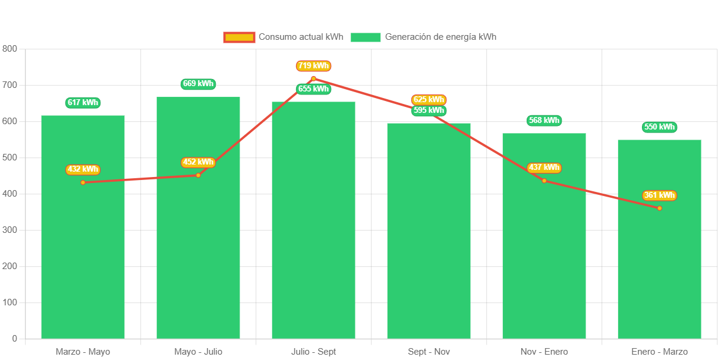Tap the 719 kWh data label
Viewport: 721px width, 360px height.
point(313,66)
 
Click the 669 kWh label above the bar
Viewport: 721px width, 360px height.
point(198,84)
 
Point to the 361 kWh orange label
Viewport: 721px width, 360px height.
point(659,195)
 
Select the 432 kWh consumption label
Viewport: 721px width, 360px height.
point(83,169)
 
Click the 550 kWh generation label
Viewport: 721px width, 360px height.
point(659,127)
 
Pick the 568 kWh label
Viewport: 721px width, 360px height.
point(544,121)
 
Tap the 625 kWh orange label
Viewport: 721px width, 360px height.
point(429,99)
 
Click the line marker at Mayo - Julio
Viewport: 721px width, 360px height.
point(198,175)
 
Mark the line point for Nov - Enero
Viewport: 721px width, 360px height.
point(544,181)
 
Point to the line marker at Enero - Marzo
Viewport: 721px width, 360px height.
point(659,208)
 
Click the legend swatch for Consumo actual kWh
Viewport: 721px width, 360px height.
point(239,37)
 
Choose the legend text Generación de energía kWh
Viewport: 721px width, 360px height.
point(440,37)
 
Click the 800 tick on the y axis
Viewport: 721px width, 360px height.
point(10,49)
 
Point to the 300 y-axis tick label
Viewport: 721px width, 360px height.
point(10,230)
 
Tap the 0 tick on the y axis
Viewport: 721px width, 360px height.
point(14,339)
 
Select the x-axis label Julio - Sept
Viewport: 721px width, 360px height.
point(313,352)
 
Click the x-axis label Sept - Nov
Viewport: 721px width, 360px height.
point(429,352)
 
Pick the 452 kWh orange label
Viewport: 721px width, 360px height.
point(198,162)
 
